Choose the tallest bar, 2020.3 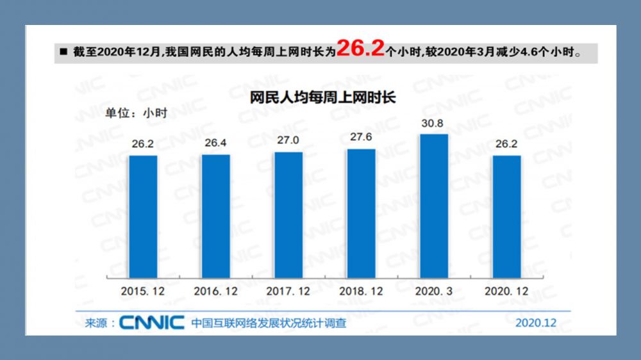click(x=433, y=206)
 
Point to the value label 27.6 click(x=361, y=137)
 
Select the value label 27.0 click(x=288, y=140)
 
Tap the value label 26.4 click(x=215, y=142)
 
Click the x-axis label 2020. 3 click(x=434, y=291)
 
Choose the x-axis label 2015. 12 click(x=142, y=291)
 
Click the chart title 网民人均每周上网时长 click(x=323, y=98)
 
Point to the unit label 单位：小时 click(x=136, y=113)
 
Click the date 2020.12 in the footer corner click(x=536, y=323)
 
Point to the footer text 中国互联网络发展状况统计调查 click(x=269, y=323)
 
